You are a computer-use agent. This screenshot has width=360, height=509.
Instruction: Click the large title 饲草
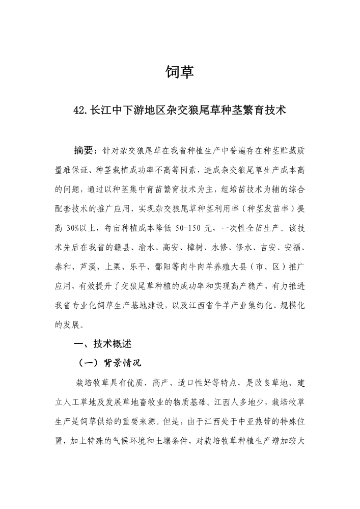(180, 72)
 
